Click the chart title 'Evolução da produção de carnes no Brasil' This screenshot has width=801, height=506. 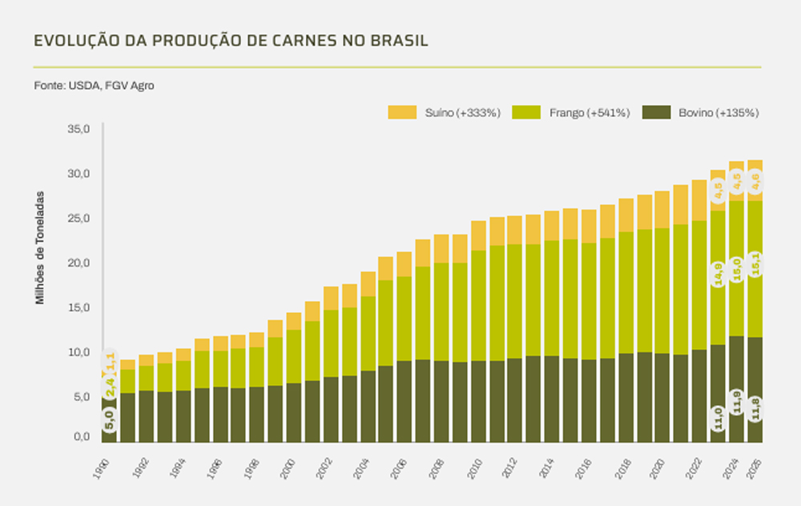(231, 41)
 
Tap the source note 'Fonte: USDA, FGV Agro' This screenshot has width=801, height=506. (94, 85)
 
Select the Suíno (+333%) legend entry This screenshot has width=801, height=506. (445, 113)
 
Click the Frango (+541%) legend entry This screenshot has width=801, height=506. (571, 113)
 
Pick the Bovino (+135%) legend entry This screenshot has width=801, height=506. (700, 113)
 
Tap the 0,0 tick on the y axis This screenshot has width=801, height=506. (82, 437)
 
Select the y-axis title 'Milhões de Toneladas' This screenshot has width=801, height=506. (39, 248)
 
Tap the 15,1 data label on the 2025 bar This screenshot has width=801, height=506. (754, 264)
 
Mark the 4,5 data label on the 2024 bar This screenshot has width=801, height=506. (736, 183)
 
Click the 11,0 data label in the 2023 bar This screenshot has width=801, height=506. (718, 418)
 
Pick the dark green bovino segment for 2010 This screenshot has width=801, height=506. (478, 401)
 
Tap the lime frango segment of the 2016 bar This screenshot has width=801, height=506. (589, 301)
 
